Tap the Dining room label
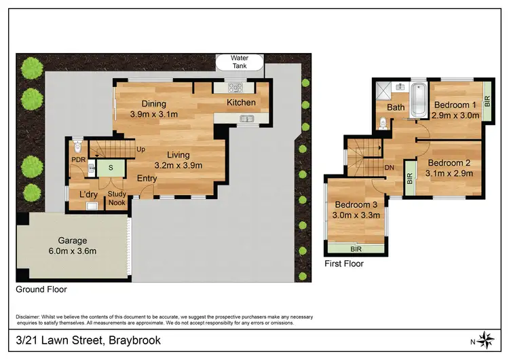pyautogui.click(x=153, y=103)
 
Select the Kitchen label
pyautogui.click(x=241, y=103)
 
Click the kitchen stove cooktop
pyautogui.click(x=235, y=87)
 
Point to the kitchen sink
pyautogui.click(x=245, y=120)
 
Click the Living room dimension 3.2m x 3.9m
pyautogui.click(x=178, y=164)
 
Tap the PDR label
pyautogui.click(x=77, y=160)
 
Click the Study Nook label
pyautogui.click(x=117, y=198)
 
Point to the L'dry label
pyautogui.click(x=88, y=195)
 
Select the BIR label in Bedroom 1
pyautogui.click(x=487, y=101)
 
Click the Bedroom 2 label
pyautogui.click(x=448, y=162)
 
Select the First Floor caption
pyautogui.click(x=343, y=264)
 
